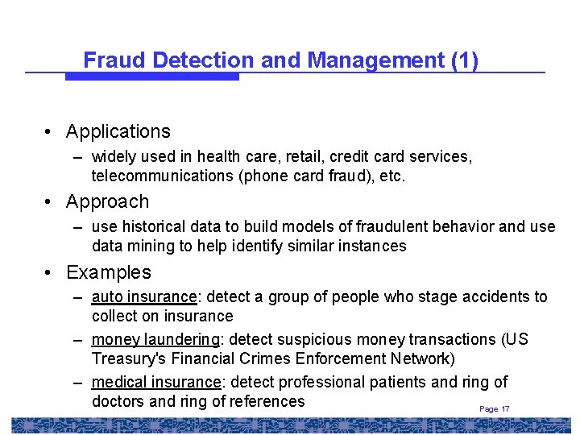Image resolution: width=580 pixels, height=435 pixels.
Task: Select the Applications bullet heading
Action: (118, 131)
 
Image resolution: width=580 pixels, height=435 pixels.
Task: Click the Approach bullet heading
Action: (107, 201)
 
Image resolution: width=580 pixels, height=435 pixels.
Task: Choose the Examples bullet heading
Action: (109, 272)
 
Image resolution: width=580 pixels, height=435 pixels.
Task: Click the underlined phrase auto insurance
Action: (144, 297)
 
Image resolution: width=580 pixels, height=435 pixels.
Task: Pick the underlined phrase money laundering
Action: (155, 339)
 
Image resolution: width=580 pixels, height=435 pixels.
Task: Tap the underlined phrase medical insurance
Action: (155, 382)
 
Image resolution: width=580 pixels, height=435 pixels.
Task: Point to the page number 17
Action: (505, 409)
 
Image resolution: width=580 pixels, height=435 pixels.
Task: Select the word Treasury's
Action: (130, 358)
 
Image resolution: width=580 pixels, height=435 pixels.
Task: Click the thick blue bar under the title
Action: (152, 77)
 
